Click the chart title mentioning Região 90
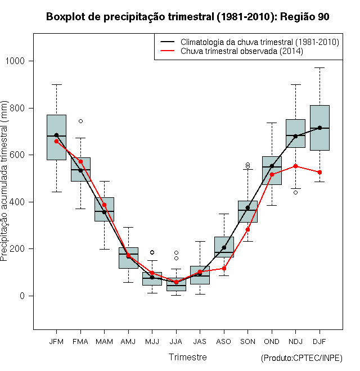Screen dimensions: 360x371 click(x=187, y=17)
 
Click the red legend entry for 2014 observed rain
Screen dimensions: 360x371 click(x=232, y=51)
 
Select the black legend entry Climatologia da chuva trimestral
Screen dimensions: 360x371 click(x=250, y=42)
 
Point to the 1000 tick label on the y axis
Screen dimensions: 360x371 click(x=15, y=61)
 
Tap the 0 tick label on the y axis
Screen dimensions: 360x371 click(x=22, y=296)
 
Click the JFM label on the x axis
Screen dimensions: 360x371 click(x=56, y=342)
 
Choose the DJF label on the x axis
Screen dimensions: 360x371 click(x=319, y=342)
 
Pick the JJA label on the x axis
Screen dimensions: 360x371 click(x=176, y=342)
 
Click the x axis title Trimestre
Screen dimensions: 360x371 click(x=187, y=357)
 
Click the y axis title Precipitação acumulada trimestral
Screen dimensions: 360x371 click(x=4, y=181)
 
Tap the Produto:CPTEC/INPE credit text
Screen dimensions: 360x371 click(x=301, y=358)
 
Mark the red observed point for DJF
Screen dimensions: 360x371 click(x=319, y=172)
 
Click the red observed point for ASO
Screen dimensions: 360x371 click(x=224, y=269)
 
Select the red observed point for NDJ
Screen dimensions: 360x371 click(x=295, y=166)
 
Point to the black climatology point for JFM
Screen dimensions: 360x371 click(x=56, y=135)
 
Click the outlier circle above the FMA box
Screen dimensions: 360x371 click(x=80, y=121)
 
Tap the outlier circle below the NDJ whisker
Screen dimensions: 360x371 click(x=295, y=193)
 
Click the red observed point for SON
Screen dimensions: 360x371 click(x=247, y=229)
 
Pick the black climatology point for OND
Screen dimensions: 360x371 click(x=272, y=166)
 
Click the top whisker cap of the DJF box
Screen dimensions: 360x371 click(x=319, y=67)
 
